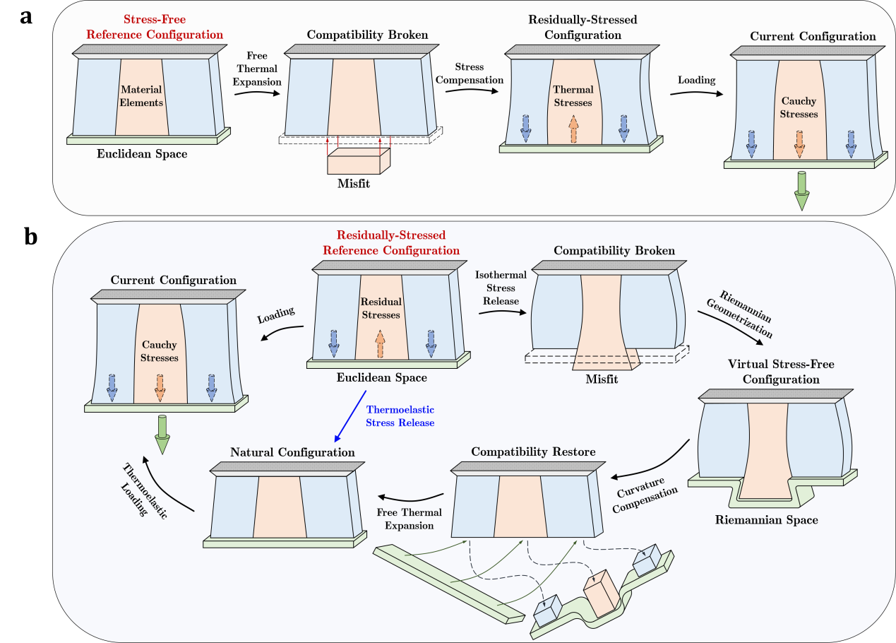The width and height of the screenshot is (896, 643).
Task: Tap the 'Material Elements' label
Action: (x=141, y=96)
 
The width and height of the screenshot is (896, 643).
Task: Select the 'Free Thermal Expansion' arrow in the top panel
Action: (x=257, y=92)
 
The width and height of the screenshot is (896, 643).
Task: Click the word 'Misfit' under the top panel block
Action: (x=353, y=184)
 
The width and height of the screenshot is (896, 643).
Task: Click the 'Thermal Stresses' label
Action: (x=573, y=96)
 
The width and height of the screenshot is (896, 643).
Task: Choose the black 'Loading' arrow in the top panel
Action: (x=696, y=93)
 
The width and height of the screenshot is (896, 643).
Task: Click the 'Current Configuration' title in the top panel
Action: (x=813, y=36)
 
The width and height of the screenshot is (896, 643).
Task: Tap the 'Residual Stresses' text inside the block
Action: (x=381, y=308)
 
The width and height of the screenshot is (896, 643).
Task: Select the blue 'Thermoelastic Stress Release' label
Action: (x=400, y=416)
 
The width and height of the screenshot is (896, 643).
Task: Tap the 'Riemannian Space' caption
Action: (x=766, y=520)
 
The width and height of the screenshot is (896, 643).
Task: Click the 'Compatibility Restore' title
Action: (x=533, y=452)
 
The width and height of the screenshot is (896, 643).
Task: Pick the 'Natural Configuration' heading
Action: (x=292, y=452)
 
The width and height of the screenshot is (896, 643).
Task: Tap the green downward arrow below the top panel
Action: (x=801, y=191)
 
